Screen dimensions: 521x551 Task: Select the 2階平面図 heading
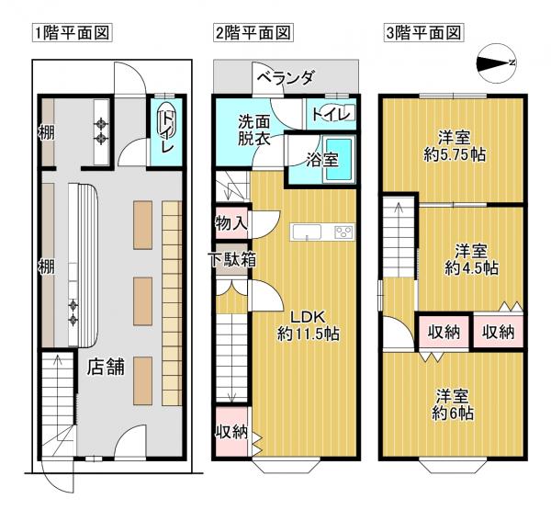pyautogui.click(x=253, y=34)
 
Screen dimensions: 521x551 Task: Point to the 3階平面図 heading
pyautogui.click(x=422, y=34)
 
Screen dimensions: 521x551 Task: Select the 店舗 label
pyautogui.click(x=107, y=368)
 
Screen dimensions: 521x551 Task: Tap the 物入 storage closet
pyautogui.click(x=231, y=221)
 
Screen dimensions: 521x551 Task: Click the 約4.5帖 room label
pyautogui.click(x=471, y=260)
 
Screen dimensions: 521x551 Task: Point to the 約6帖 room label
pyautogui.click(x=454, y=404)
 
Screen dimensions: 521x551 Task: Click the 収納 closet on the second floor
pyautogui.click(x=231, y=432)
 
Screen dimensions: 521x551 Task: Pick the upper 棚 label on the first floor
pyautogui.click(x=46, y=132)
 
